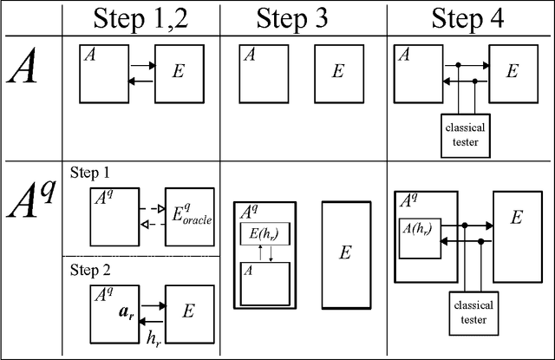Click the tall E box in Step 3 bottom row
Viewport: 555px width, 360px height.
(345, 254)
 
